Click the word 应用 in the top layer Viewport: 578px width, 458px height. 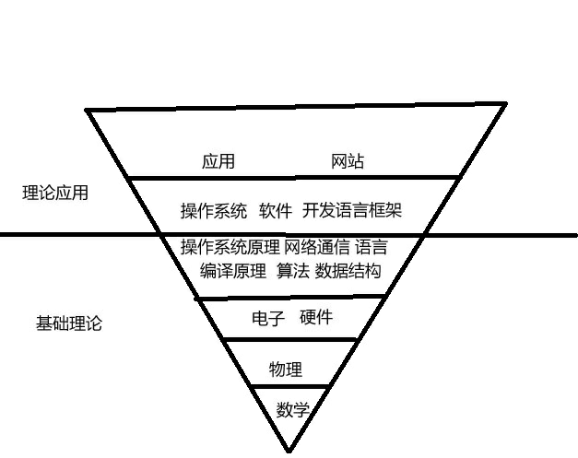218,161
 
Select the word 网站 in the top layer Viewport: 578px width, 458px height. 348,161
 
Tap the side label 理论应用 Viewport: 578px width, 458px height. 55,194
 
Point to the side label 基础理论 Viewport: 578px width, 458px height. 69,324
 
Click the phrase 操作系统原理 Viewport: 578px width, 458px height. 230,247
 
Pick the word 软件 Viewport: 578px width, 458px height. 276,211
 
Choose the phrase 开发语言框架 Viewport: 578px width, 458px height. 352,211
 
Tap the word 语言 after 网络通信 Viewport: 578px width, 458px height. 372,247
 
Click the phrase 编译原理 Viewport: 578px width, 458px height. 233,271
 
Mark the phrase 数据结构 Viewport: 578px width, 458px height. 348,271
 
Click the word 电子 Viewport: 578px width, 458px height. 268,318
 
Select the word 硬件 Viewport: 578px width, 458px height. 316,318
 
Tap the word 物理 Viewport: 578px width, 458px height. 286,370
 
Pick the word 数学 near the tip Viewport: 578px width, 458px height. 292,410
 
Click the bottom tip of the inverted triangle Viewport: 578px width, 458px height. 289,451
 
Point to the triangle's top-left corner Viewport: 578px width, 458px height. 88,110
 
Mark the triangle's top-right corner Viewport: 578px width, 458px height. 505,104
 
